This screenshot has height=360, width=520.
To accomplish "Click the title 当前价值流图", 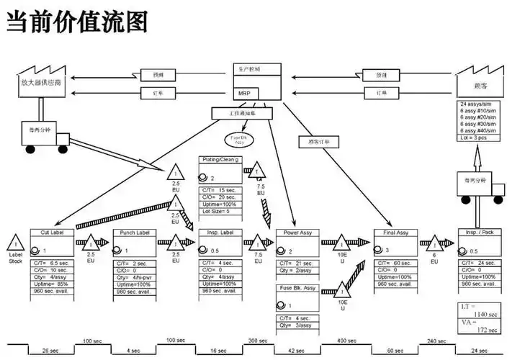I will coord(77,21).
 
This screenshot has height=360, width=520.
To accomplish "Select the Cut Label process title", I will coord(51,233).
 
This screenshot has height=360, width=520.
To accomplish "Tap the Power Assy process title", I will coord(298,233).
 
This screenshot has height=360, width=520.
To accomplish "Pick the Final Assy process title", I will coord(395,233).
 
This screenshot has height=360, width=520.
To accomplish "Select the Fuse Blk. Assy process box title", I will coord(298,287).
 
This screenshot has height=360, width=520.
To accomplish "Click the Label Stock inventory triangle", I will coord(15,241).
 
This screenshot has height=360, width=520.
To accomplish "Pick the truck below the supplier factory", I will coord(44,132).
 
